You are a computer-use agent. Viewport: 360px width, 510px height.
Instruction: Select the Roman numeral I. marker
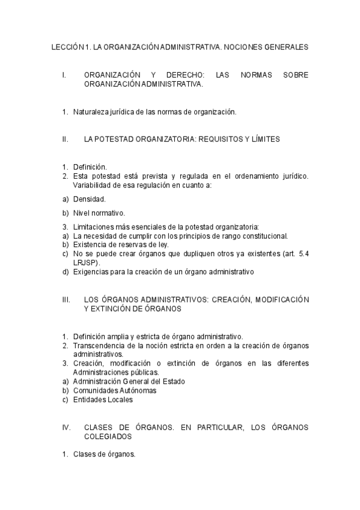pos(64,75)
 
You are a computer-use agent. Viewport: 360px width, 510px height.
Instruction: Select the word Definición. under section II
pos(90,167)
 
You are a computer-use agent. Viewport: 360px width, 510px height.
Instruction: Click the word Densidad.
pos(90,198)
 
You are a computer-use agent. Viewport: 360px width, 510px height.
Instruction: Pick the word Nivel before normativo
pos(81,213)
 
